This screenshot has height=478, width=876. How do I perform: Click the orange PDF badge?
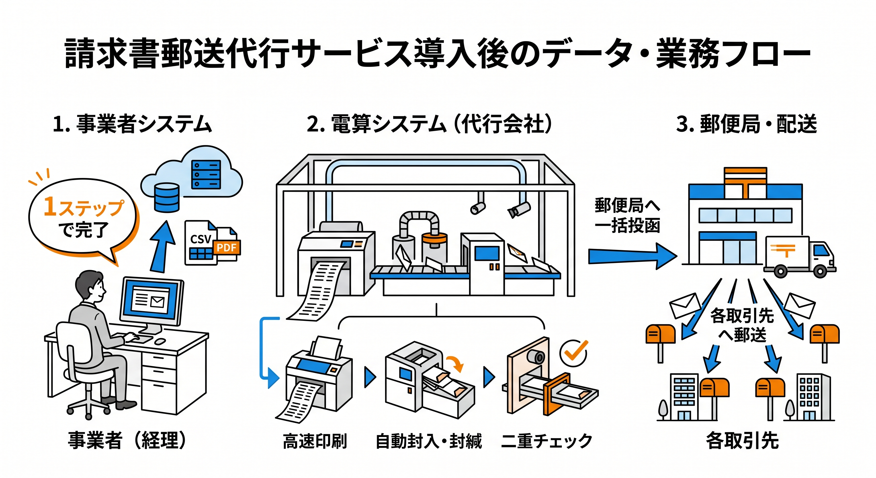(226, 247)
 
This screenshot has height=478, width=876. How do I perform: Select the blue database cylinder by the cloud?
(167, 198)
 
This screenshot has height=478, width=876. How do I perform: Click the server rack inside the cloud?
(206, 175)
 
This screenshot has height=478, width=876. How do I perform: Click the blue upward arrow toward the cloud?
(163, 247)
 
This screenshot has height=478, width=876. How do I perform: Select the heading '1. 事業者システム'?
(132, 124)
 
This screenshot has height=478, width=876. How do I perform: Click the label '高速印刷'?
(315, 441)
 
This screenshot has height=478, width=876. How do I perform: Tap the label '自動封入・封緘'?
(428, 441)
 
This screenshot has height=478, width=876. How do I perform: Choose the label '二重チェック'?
(547, 441)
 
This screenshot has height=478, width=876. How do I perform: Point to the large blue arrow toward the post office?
(632, 256)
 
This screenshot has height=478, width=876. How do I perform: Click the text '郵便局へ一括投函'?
(627, 215)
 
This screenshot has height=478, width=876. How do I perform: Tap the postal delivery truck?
(799, 257)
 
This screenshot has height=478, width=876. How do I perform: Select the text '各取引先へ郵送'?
(742, 325)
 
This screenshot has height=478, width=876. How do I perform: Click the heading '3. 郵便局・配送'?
(747, 124)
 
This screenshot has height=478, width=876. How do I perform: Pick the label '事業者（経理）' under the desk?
(127, 441)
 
